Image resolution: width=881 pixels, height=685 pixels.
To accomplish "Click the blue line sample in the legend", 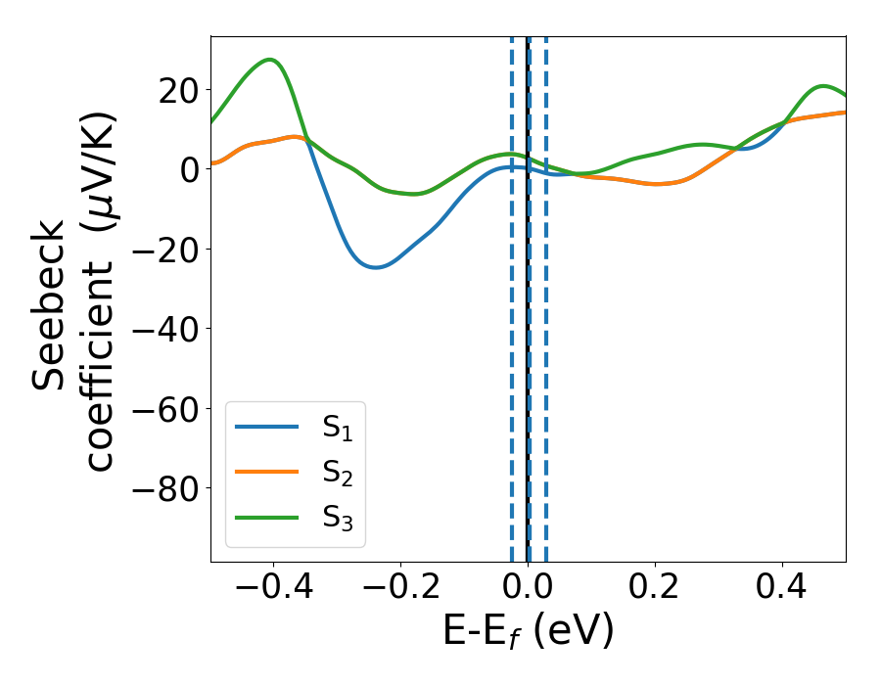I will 267,427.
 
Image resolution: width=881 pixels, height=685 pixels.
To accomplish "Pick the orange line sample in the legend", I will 267,472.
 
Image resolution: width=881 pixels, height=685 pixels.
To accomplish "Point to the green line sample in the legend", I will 267,517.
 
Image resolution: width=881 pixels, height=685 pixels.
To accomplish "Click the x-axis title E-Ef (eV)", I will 529,632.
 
